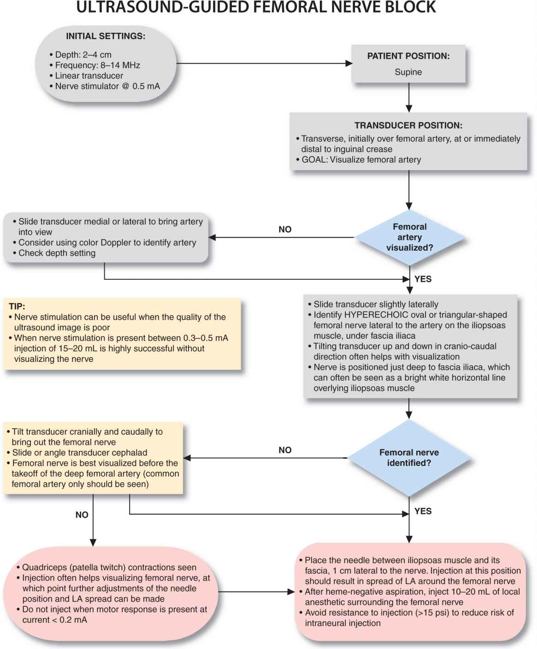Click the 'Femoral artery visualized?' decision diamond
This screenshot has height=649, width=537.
tap(409, 237)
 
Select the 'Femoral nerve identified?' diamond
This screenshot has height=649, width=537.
tap(409, 458)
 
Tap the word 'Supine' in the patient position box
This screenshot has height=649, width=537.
tap(408, 72)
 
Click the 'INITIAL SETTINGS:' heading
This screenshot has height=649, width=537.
tap(106, 36)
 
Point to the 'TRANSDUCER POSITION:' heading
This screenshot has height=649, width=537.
tap(408, 125)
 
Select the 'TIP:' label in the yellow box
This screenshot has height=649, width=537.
tap(17, 306)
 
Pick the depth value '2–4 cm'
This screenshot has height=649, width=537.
tap(97, 55)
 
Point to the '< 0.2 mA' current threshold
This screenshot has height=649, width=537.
tap(69, 620)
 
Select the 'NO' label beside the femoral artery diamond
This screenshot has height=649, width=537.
tap(285, 230)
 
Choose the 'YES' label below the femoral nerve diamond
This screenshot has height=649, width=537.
tap(423, 511)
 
